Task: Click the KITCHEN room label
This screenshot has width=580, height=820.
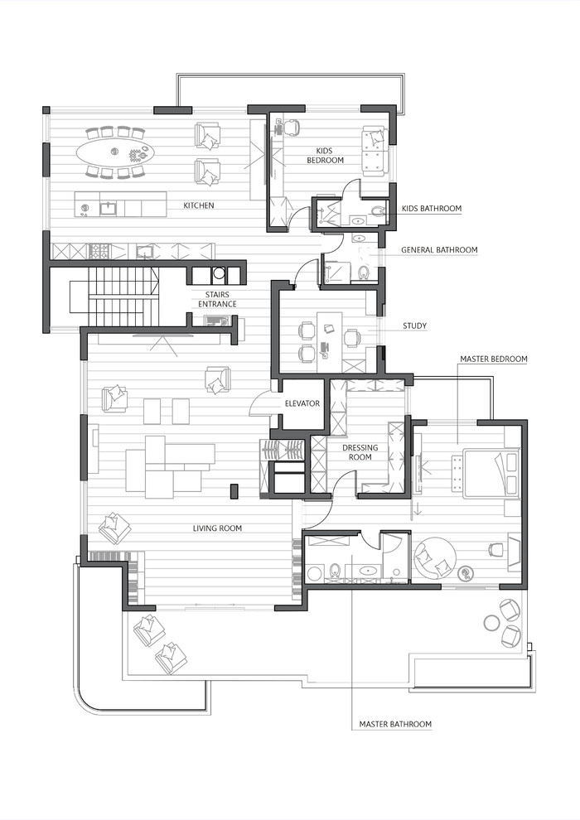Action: (x=199, y=205)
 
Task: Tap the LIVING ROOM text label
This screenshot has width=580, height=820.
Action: (x=217, y=528)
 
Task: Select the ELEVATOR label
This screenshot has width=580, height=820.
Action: (x=302, y=403)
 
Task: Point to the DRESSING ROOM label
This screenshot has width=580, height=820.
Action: (x=360, y=452)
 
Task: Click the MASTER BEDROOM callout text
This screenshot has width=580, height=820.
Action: (x=494, y=359)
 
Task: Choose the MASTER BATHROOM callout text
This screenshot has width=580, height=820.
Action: (x=395, y=725)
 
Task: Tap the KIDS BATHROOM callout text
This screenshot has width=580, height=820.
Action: (x=432, y=209)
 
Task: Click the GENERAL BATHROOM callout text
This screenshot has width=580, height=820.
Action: (x=439, y=249)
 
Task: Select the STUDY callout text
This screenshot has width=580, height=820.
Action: (x=414, y=326)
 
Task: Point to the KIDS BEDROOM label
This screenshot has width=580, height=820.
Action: (x=324, y=155)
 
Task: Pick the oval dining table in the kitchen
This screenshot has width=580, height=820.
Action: (x=115, y=152)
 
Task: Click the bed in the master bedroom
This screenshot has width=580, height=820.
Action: (x=491, y=473)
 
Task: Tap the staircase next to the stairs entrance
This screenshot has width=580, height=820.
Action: (x=122, y=297)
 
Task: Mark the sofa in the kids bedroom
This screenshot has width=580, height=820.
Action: (x=375, y=151)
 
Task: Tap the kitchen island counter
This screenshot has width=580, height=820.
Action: (x=121, y=205)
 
